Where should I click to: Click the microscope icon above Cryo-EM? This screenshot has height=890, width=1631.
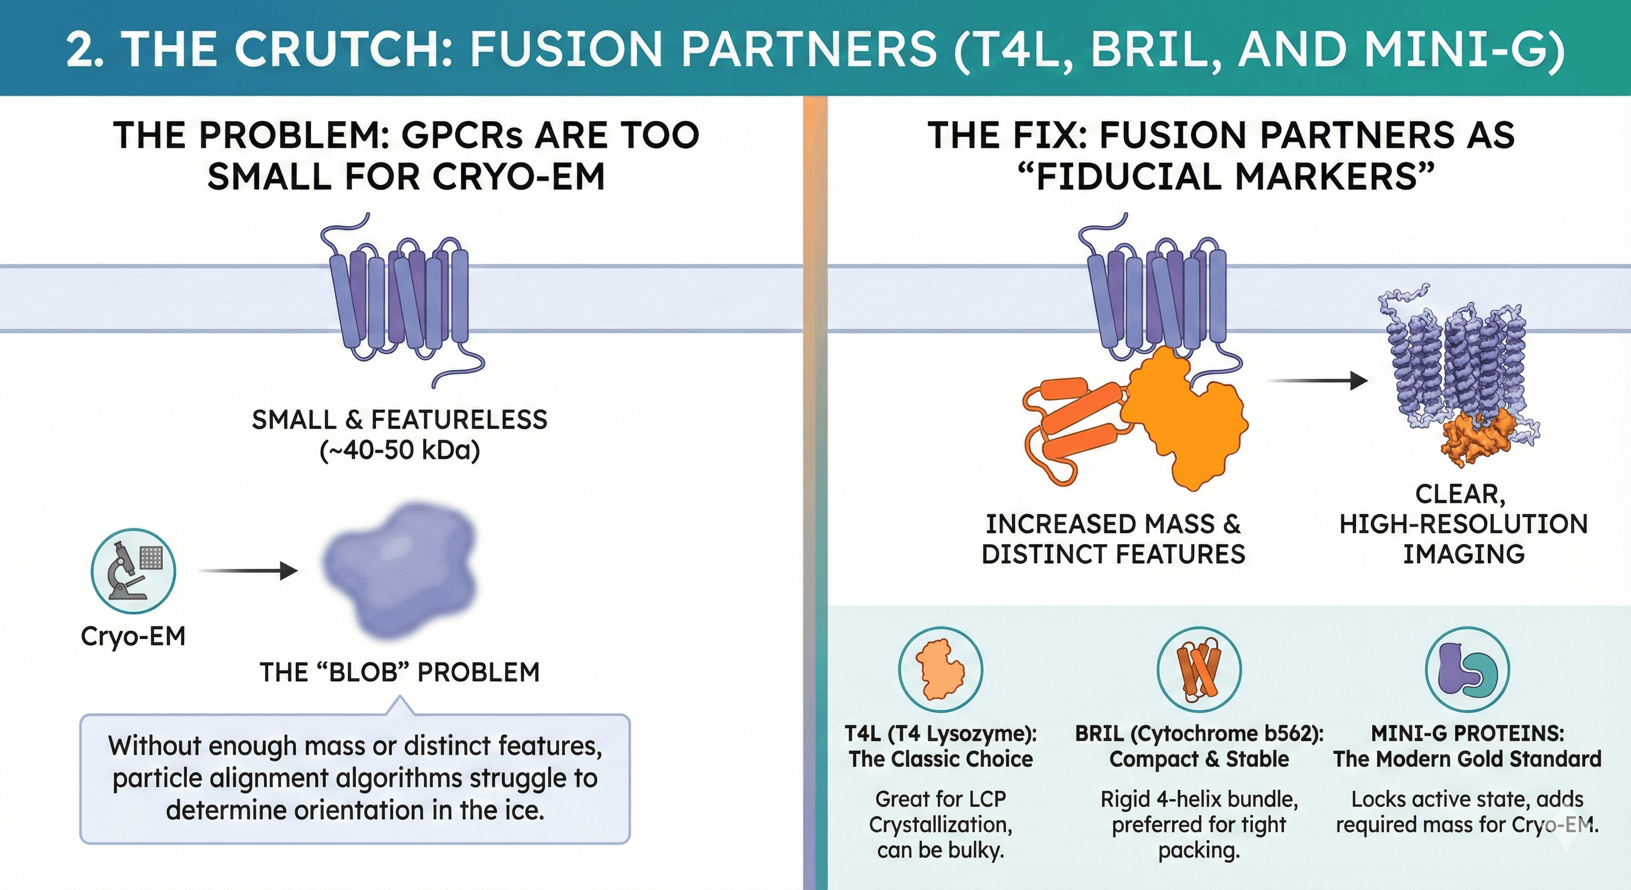[x=133, y=571]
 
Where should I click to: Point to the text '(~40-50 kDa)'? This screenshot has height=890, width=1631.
[x=400, y=450]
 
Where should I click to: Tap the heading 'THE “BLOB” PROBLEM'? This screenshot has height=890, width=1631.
[x=400, y=672]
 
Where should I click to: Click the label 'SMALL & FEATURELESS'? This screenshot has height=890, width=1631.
[x=400, y=420]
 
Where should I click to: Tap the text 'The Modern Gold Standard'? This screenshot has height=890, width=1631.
[x=1467, y=759]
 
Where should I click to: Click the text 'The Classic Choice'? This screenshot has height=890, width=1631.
[x=940, y=759]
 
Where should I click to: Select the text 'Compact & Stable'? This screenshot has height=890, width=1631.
[x=1198, y=759]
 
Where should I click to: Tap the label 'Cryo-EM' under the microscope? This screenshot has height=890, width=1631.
[x=133, y=636]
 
